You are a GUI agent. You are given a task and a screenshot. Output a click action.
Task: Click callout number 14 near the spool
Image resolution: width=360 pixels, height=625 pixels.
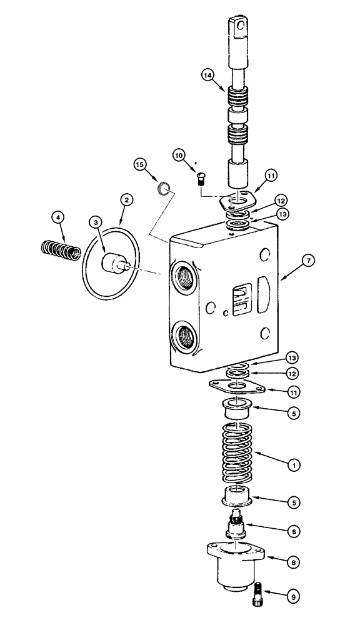pos(208,76)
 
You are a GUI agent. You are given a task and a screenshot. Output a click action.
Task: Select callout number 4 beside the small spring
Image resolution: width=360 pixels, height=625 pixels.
pos(58,217)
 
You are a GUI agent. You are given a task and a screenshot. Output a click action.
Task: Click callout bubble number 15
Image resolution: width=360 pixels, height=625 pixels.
pos(141,164)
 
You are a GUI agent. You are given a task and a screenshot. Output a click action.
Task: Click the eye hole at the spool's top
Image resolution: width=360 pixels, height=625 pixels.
pos(240,26)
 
